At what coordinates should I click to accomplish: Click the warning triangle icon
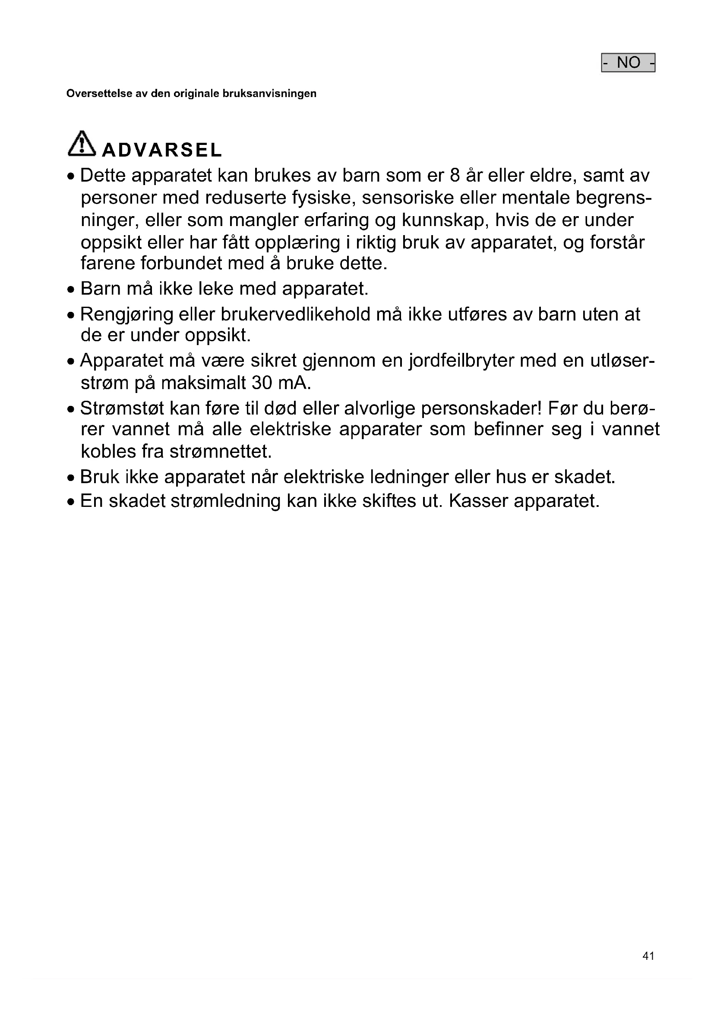point(82,144)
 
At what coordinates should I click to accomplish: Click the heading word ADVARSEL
point(162,150)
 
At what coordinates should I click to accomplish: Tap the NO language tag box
point(628,63)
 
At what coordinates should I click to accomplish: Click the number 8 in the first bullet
point(455,175)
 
